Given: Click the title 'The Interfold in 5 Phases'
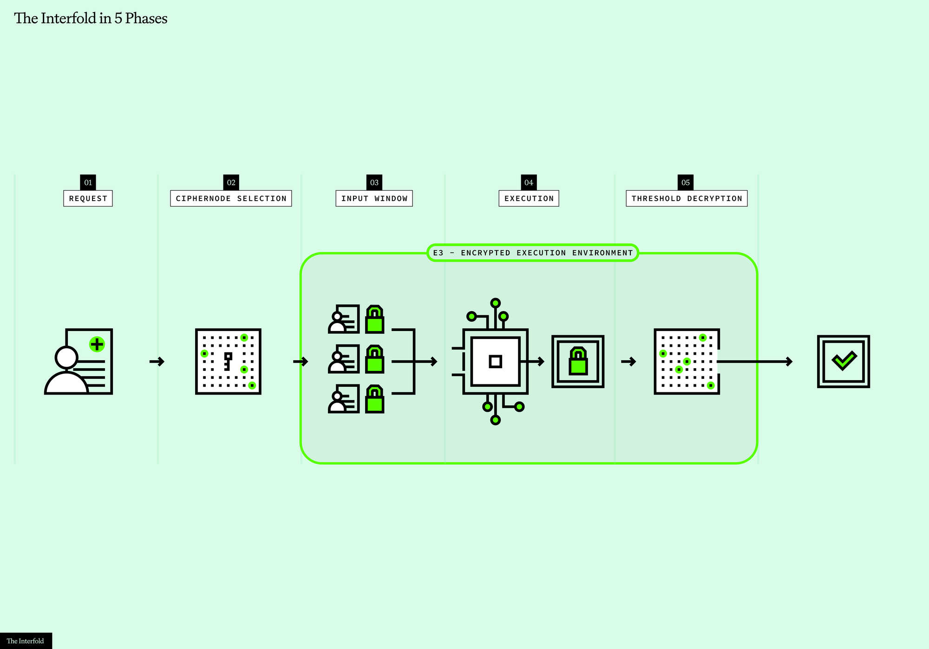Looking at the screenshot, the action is tap(91, 18).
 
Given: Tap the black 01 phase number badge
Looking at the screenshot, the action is tap(88, 182).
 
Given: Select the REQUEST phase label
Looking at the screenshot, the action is tap(88, 198).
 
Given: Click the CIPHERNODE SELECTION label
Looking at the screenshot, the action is tap(231, 198).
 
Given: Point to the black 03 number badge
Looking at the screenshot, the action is tap(374, 182).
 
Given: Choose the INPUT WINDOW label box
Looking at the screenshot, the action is tap(374, 198).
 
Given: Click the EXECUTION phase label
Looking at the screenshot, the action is tap(529, 198).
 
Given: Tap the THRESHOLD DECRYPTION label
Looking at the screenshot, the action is tap(687, 198).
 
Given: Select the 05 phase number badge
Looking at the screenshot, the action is tap(686, 182).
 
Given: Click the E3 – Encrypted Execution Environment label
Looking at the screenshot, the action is tap(533, 253).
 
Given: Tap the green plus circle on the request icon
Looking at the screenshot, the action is tap(97, 344).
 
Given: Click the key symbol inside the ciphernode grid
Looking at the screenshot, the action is tap(228, 361).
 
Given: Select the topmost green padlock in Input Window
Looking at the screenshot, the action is tap(375, 319).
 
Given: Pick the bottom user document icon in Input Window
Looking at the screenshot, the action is tap(344, 399).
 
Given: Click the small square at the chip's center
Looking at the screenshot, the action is tap(496, 361).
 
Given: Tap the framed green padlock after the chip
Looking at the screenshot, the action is tap(578, 361).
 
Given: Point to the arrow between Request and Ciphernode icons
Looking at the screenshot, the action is tap(157, 361).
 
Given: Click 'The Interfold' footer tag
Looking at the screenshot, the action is tap(26, 641).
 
